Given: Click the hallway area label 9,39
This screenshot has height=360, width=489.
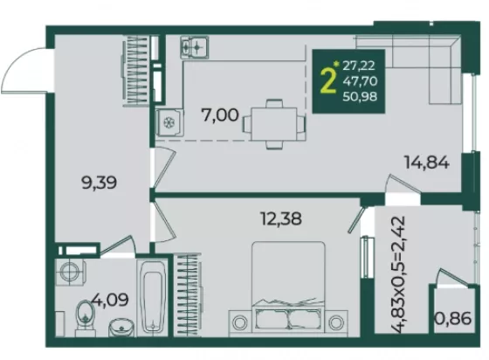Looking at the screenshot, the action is [x=99, y=183].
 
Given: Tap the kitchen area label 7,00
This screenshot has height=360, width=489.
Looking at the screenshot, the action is [x=220, y=115].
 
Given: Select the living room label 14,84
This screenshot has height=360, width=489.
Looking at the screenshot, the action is [x=427, y=163].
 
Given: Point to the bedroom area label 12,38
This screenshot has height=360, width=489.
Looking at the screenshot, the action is [x=281, y=218].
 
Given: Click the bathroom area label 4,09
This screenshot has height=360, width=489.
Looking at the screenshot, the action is [x=110, y=300].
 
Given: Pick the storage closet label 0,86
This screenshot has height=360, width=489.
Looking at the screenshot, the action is [x=453, y=319].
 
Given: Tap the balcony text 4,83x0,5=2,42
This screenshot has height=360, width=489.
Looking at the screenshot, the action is [x=398, y=275].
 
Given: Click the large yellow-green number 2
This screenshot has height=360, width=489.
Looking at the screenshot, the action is [x=328, y=80].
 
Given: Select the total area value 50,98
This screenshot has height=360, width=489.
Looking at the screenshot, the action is [x=360, y=96].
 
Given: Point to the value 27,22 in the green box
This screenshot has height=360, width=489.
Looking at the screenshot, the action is [x=359, y=66].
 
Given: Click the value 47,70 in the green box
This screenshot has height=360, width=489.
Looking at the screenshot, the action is [x=360, y=81].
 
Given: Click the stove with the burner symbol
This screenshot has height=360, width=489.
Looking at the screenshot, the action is [x=169, y=122].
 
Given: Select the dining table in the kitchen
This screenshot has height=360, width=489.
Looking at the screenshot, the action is [x=274, y=124].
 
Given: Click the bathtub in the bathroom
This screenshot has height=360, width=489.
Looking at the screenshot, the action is [x=152, y=298].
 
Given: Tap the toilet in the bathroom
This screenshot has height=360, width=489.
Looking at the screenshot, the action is [x=86, y=317].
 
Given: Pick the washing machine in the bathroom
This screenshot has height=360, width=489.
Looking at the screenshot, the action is [x=71, y=272].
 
